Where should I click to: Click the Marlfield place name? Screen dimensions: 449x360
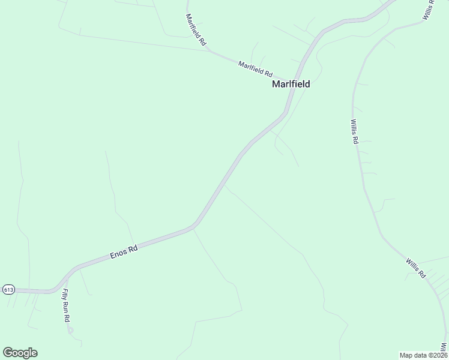pyautogui.click(x=291, y=84)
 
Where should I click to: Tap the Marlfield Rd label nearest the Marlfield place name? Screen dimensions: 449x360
pyautogui.click(x=255, y=68)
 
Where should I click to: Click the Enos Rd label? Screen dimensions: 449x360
pyautogui.click(x=124, y=251)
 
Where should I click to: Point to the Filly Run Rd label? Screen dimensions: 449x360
pyautogui.click(x=66, y=306)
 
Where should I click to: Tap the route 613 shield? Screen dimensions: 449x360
pyautogui.click(x=8, y=289)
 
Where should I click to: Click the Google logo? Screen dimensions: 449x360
pyautogui.click(x=20, y=353)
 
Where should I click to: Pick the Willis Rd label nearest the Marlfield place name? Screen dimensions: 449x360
pyautogui.click(x=354, y=130)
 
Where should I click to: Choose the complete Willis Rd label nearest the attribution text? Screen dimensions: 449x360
pyautogui.click(x=415, y=268)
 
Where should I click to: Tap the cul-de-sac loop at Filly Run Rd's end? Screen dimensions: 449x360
pyautogui.click(x=71, y=329)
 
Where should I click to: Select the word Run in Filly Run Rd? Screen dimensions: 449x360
pyautogui.click(x=66, y=306)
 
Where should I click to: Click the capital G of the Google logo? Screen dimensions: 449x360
pyautogui.click(x=8, y=353)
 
